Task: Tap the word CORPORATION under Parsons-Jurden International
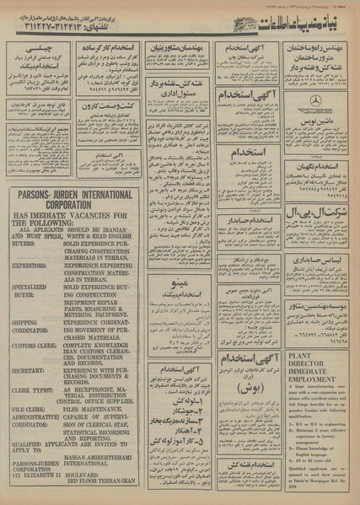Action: [x=55, y=205]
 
